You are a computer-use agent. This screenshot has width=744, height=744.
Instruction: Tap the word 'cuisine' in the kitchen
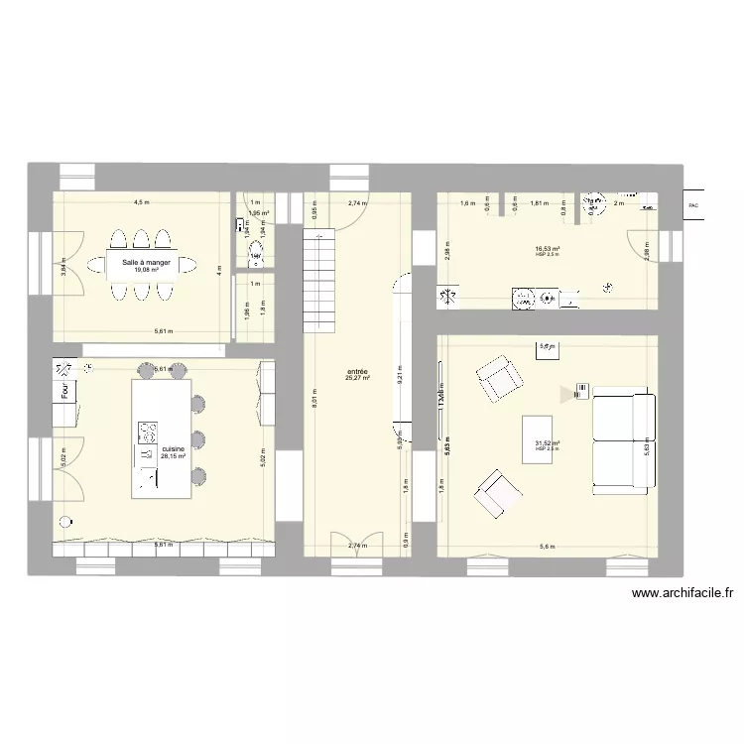pos(174,448)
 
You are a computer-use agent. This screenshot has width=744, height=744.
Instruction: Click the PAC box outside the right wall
pos(692,205)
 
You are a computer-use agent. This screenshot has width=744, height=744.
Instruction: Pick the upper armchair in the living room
pos(498,379)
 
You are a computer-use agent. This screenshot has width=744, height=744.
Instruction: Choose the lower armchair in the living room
pos(497,493)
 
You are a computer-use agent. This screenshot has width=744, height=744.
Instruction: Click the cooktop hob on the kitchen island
pos(148,434)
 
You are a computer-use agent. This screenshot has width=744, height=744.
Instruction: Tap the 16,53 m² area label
pos(547,249)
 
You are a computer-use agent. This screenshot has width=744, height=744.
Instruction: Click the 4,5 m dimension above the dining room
pos(143,202)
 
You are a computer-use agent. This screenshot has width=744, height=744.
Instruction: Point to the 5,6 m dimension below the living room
pos(547,546)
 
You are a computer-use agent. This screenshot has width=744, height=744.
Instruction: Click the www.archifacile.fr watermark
pos(682,594)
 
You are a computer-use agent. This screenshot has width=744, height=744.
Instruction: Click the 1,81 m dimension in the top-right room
pos(539,203)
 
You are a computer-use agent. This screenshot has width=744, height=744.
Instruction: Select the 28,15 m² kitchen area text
pos(174,456)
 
